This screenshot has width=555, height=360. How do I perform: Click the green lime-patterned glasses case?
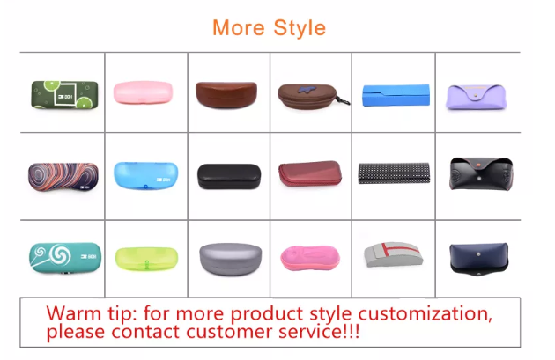65,95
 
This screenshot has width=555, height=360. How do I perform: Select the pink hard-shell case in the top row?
143,92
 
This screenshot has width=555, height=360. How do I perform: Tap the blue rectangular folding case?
396,95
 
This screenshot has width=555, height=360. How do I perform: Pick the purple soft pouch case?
476,97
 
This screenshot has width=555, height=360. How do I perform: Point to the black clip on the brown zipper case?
344,100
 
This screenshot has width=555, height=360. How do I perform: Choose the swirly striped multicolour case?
63,177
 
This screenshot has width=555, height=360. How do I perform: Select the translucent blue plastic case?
146,176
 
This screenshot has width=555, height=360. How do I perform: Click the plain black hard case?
229,176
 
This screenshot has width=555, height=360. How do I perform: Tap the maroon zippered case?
310,173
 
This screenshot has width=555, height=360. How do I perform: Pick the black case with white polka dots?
394,173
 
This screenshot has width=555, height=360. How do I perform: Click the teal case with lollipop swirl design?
65,257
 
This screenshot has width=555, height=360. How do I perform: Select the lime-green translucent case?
146,259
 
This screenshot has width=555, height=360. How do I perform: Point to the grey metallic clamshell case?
231,259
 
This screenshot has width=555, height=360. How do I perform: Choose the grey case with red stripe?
393,254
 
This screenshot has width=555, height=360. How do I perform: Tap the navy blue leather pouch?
479,259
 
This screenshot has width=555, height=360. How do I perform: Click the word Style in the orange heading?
300,28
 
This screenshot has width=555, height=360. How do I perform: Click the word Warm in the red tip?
74,313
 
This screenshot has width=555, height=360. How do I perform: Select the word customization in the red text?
425,314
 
